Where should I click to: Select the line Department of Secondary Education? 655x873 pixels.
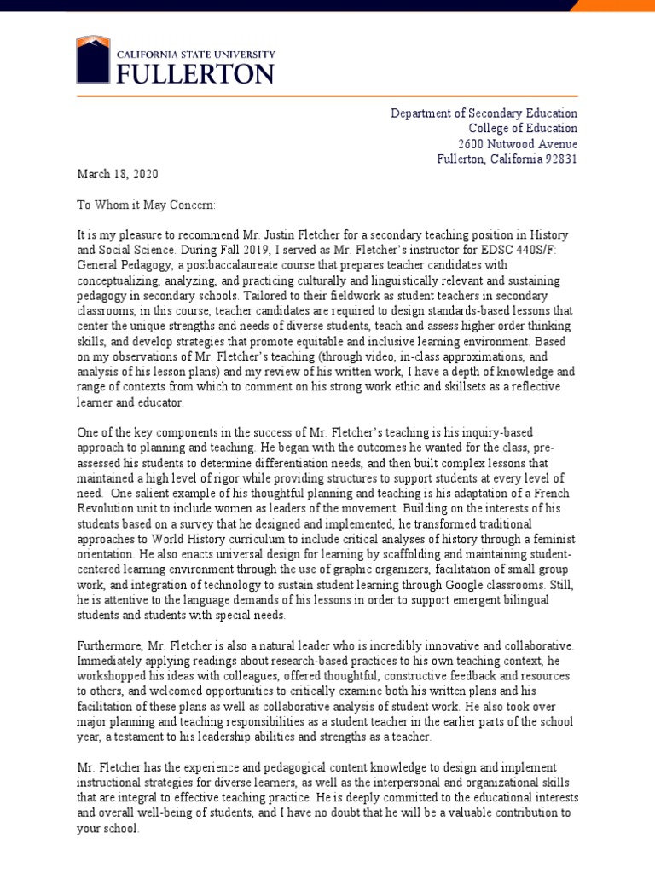click(484, 113)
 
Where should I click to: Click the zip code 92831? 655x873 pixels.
click(559, 159)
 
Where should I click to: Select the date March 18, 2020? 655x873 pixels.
click(118, 174)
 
